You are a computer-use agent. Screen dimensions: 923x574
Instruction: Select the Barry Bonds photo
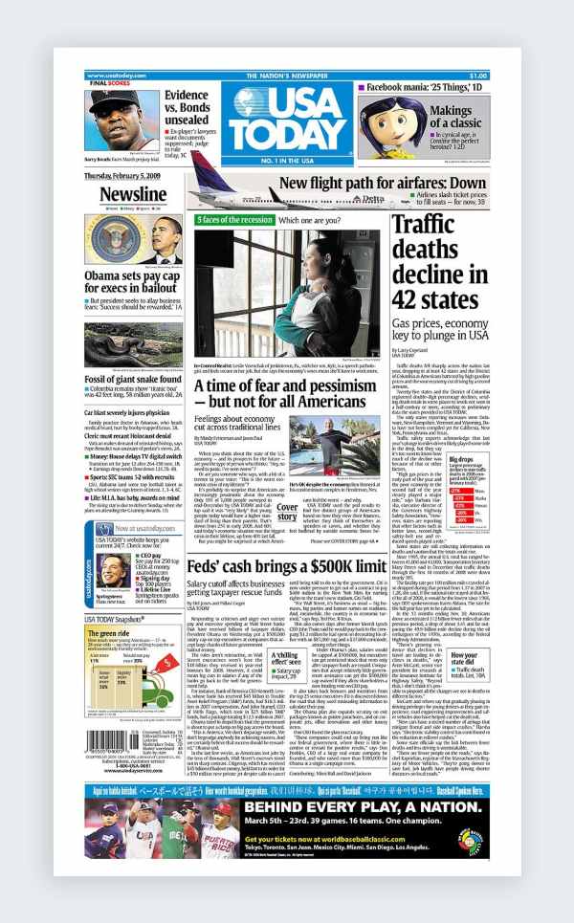(x=121, y=120)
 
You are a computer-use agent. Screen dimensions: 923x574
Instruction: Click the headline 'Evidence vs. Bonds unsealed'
(x=187, y=107)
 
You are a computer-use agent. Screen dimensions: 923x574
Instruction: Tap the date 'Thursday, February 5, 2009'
(x=125, y=176)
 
